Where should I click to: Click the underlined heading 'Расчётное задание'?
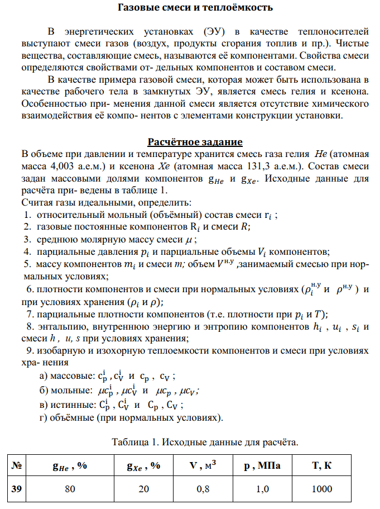click(195, 141)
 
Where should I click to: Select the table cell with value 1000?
click(322, 489)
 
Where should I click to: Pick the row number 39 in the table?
click(17, 489)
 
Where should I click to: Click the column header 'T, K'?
click(322, 465)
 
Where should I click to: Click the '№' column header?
click(17, 465)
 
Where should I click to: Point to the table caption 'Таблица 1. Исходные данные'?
click(205, 442)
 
